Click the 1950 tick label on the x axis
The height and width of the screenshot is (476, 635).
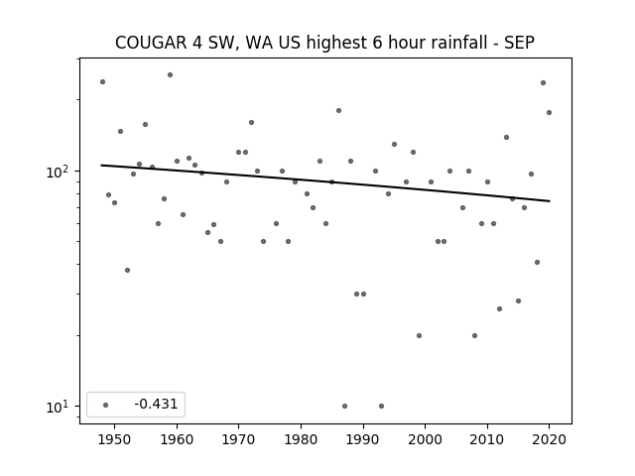point(115,439)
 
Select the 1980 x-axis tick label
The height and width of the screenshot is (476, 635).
point(301,439)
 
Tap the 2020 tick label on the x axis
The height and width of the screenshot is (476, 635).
point(549,439)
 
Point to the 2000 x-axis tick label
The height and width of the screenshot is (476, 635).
point(426,439)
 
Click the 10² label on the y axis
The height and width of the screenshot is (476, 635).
point(59,172)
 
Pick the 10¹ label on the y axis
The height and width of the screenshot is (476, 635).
point(59,407)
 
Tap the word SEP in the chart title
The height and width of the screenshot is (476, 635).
point(519,43)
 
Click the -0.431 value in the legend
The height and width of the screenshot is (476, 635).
point(156,404)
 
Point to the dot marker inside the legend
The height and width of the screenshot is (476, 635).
point(106,405)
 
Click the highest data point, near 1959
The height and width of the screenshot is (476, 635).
point(170,75)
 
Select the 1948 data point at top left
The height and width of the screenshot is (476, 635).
point(103,81)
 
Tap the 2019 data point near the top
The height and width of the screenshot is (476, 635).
point(543,83)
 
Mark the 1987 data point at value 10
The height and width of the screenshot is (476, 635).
point(344,406)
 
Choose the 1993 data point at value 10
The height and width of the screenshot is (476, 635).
point(381,406)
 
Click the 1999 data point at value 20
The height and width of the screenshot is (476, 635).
point(419,335)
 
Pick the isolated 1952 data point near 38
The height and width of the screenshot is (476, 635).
point(128,270)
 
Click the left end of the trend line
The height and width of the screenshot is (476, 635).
point(101,165)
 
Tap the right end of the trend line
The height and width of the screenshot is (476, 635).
point(550,201)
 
